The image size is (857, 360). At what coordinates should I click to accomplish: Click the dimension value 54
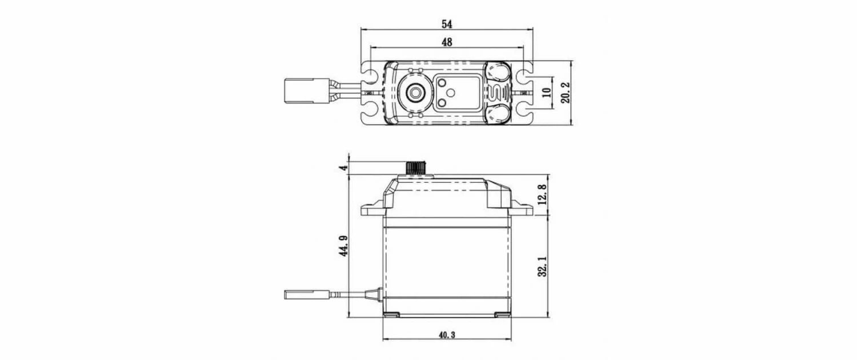point(446,24)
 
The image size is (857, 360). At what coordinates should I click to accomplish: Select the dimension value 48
point(446,42)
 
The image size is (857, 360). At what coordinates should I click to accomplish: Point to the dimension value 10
point(546,91)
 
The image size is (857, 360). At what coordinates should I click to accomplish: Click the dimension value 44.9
point(345,245)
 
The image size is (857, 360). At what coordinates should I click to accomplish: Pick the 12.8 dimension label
point(543,194)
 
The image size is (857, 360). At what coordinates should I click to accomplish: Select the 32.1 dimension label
point(543,266)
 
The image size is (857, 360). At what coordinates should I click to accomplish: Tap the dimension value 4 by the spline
point(344,167)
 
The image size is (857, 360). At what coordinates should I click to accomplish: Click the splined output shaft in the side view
point(415,169)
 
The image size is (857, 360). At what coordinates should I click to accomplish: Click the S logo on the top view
point(498,91)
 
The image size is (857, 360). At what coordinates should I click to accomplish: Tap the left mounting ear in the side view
point(372,209)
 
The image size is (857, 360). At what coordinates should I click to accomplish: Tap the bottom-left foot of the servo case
point(394,314)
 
